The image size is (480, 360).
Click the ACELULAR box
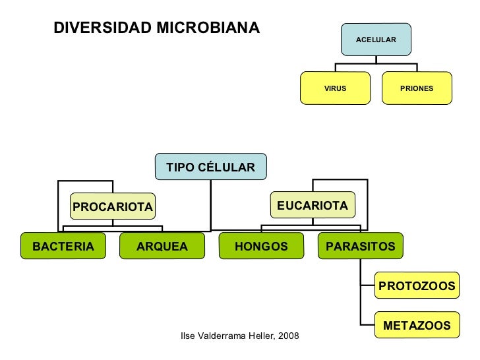tap(376, 40)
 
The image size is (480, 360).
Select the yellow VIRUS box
tap(335, 88)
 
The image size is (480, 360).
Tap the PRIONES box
tap(417, 88)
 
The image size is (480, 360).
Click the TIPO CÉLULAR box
tap(210, 167)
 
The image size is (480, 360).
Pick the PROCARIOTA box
tap(112, 208)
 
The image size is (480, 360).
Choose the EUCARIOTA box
tap(312, 206)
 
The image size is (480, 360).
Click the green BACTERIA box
tap(63, 247)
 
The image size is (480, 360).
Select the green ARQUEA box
tap(162, 247)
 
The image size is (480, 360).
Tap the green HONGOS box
tap(261, 247)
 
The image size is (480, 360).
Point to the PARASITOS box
tap(359, 247)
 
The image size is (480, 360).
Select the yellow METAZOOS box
tap(416, 325)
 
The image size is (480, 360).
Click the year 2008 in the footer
tap(288, 336)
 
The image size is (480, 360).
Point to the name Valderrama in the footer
tap(223, 336)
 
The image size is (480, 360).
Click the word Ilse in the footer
tap(189, 336)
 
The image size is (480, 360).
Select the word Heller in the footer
tap(262, 336)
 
